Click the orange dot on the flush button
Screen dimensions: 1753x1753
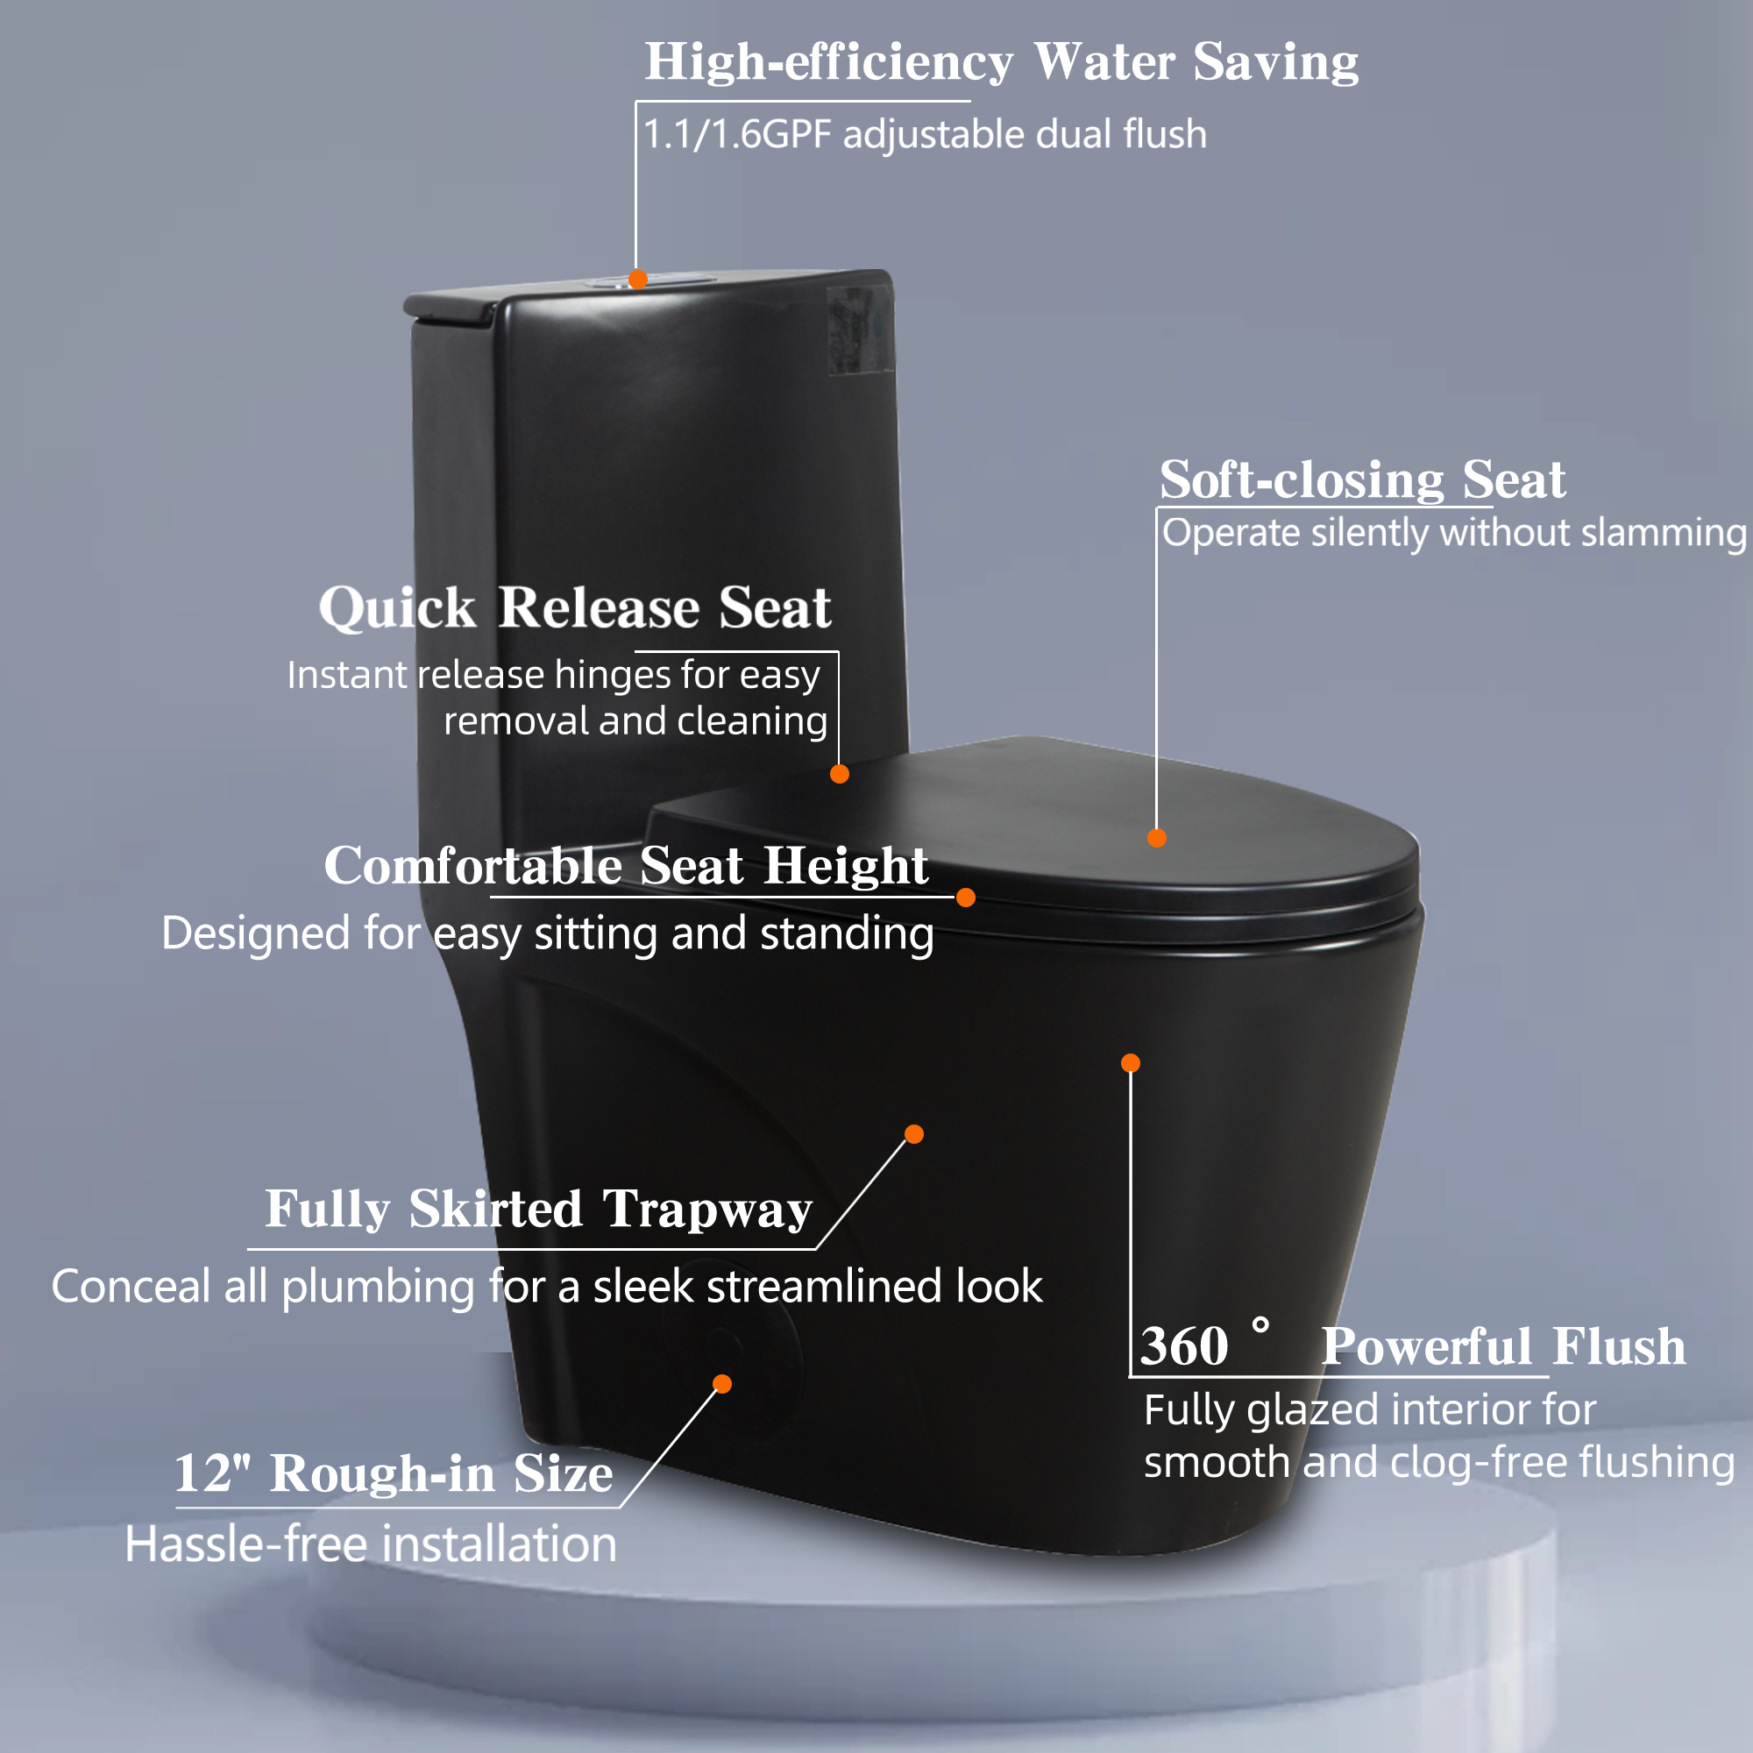click(638, 279)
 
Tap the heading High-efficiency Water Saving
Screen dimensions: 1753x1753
click(1001, 62)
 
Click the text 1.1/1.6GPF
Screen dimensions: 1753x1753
click(737, 134)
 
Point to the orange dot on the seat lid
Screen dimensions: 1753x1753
click(1157, 837)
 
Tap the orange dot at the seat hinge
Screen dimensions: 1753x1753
click(840, 774)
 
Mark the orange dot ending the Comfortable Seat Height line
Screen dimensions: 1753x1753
click(965, 898)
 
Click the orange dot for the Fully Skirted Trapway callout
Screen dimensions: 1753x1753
click(913, 1134)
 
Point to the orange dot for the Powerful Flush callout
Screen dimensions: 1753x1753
click(1131, 1062)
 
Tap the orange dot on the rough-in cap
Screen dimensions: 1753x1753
click(722, 1384)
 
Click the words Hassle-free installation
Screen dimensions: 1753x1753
click(370, 1544)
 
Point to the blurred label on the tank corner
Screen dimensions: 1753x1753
click(859, 329)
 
